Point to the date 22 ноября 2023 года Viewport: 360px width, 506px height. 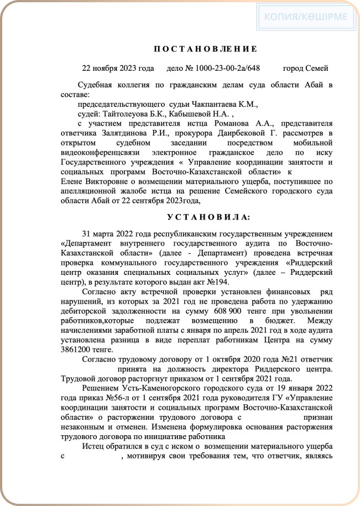coord(118,68)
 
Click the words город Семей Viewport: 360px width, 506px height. coord(306,68)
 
